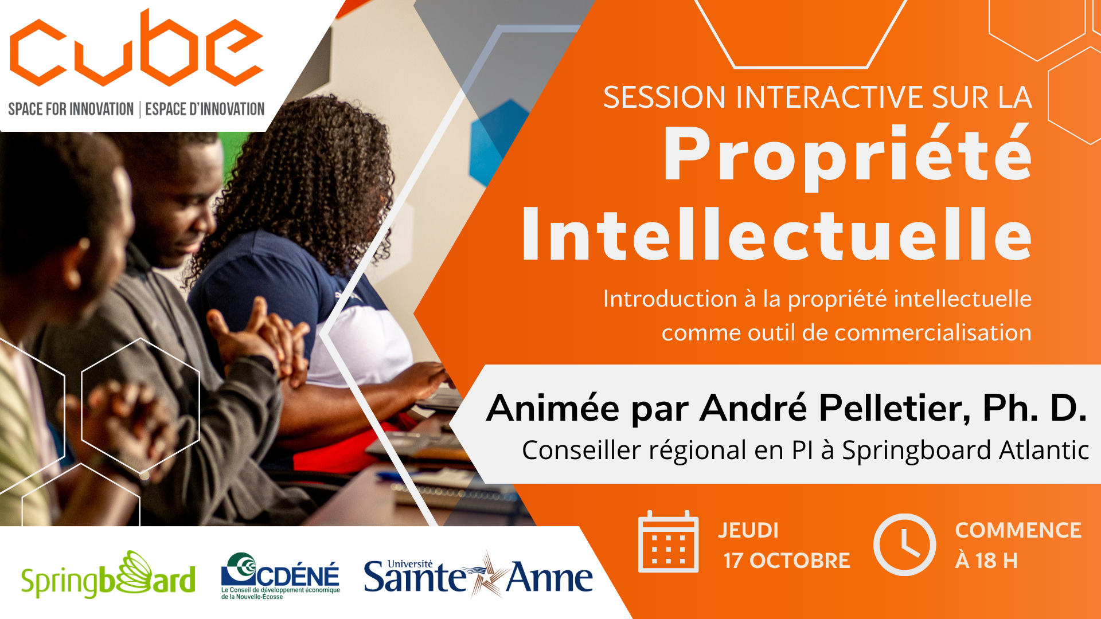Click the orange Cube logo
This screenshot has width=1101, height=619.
point(136,48)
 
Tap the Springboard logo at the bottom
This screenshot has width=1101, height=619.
point(108,575)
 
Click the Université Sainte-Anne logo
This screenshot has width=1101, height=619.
point(478,575)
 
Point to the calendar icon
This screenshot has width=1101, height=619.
point(669,542)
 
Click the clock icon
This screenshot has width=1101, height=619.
point(904,544)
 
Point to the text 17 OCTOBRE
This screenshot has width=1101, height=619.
point(787,561)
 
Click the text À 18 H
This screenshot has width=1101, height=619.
point(986,560)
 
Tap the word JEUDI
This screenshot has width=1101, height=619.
point(748,530)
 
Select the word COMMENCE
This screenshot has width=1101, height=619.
point(1018,530)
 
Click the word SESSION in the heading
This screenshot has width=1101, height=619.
point(665,97)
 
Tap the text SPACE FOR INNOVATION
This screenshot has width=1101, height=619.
point(71,109)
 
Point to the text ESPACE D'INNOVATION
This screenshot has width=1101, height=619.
point(205,109)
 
